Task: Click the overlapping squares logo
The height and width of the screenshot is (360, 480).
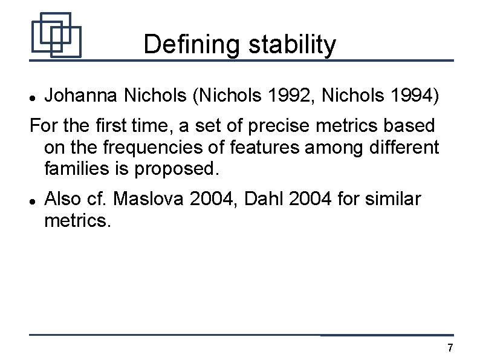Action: [56, 35]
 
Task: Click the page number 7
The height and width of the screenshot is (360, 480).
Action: [449, 348]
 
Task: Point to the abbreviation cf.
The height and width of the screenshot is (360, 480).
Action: [98, 198]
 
